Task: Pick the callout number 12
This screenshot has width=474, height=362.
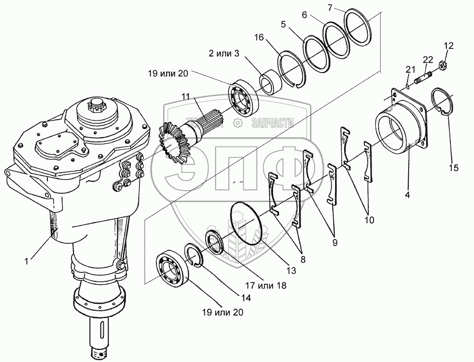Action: (448, 46)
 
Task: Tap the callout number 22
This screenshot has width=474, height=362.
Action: (428, 59)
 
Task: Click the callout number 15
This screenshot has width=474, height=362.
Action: (454, 168)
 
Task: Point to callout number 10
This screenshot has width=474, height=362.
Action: (368, 220)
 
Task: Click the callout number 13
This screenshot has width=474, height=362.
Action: (291, 270)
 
